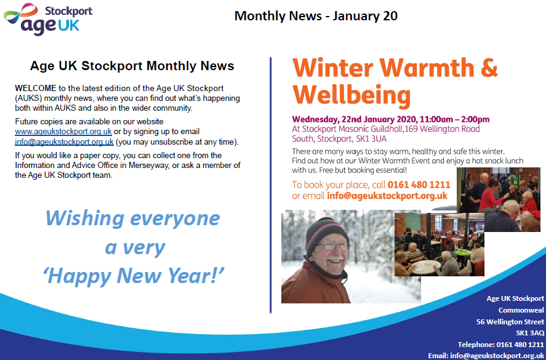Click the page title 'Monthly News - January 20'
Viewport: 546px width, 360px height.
[316, 15]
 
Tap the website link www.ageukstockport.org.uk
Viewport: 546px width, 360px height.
[63, 132]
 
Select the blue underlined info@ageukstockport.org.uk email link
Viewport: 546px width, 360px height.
[65, 142]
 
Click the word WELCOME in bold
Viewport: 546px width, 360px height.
[36, 88]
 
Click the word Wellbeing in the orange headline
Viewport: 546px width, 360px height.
[351, 95]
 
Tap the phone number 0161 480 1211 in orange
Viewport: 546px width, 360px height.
[419, 185]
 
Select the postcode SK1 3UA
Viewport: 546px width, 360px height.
[371, 138]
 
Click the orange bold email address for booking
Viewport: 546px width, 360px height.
[387, 196]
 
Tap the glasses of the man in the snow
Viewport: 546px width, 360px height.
[333, 246]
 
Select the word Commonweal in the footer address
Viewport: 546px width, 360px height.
[521, 310]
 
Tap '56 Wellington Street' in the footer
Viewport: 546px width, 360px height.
[510, 322]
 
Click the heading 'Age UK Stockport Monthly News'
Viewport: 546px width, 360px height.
[132, 66]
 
